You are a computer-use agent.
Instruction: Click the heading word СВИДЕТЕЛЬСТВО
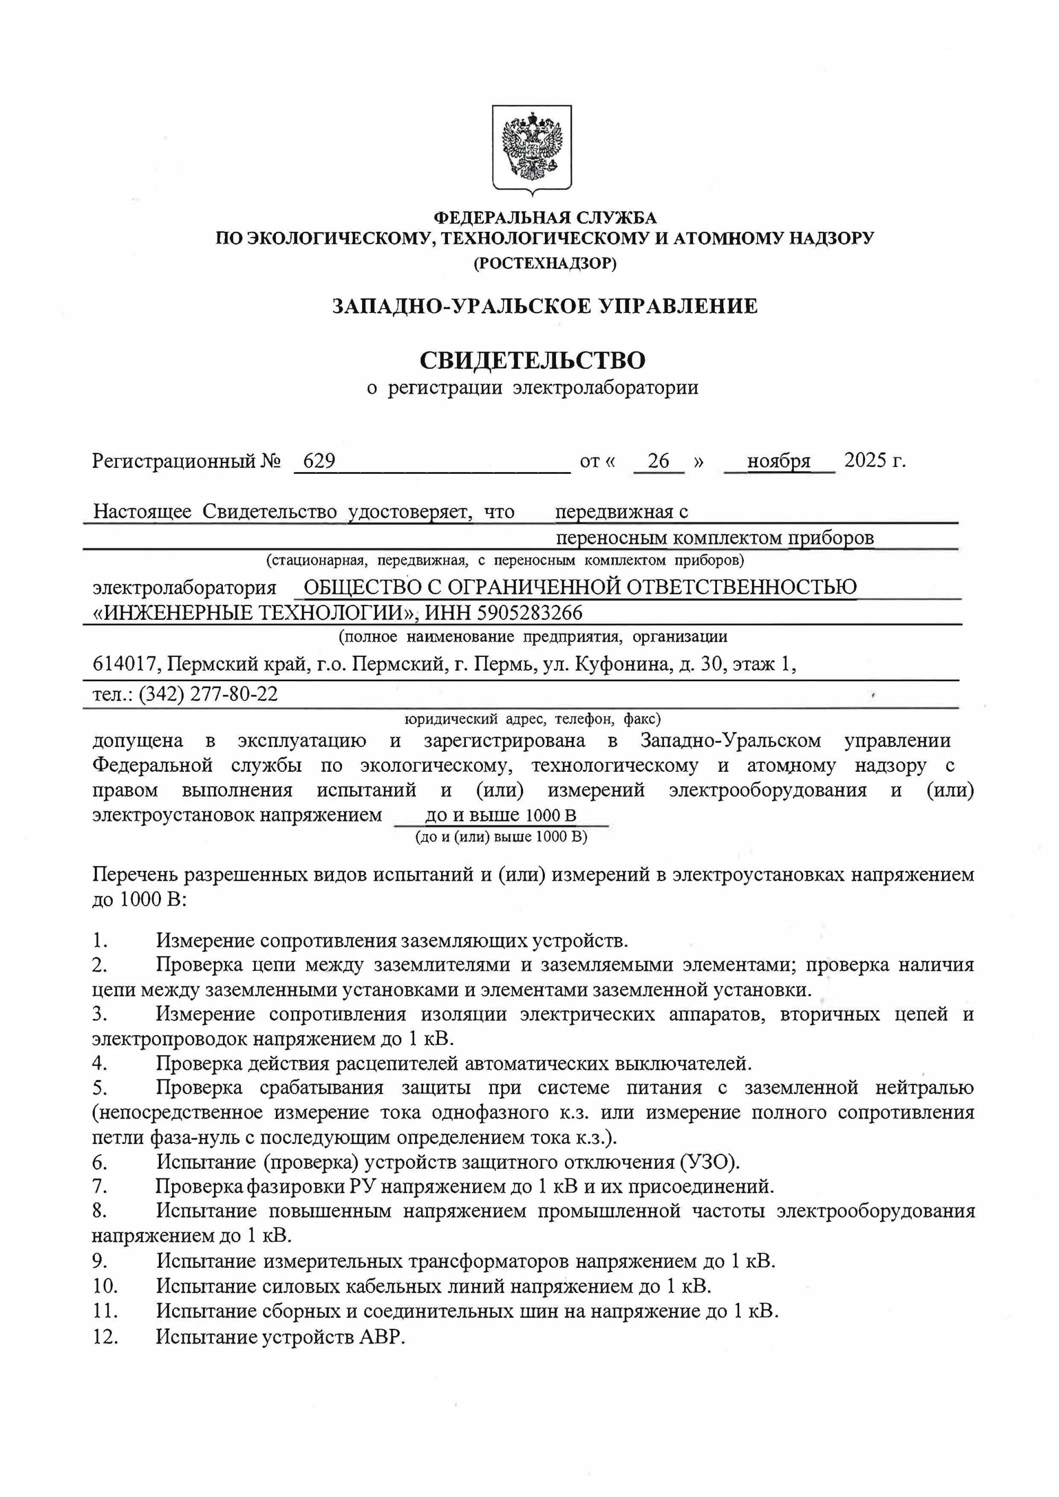(x=532, y=360)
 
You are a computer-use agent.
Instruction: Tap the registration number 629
(x=319, y=461)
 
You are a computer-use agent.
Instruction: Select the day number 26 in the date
(x=659, y=461)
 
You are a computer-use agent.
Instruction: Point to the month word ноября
(x=778, y=461)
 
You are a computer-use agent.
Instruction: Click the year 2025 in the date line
(x=865, y=461)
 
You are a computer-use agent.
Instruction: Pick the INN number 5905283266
(x=530, y=613)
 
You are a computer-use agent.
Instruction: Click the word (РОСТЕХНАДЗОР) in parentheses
(x=544, y=264)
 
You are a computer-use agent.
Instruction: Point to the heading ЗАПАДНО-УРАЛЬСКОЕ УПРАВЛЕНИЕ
(x=544, y=306)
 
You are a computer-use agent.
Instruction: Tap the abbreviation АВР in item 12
(x=381, y=1337)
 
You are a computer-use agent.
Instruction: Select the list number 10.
(x=104, y=1286)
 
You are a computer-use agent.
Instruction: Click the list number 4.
(x=99, y=1063)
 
